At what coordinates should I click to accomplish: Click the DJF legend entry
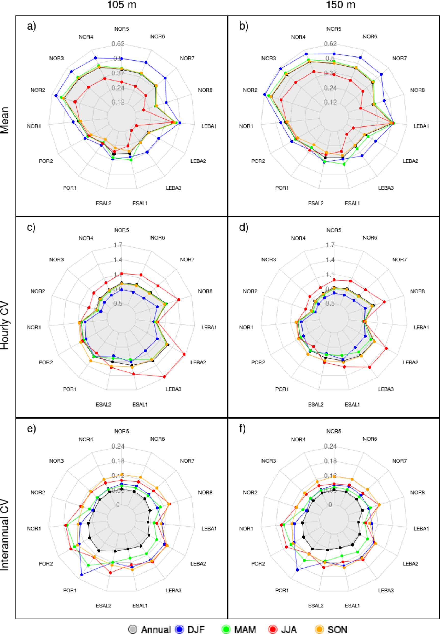(190, 629)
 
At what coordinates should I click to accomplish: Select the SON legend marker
(319, 629)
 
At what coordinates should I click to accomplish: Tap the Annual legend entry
(150, 629)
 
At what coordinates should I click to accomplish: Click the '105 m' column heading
(122, 5)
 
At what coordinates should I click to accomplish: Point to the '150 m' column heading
(341, 5)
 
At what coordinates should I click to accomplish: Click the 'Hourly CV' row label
(5, 326)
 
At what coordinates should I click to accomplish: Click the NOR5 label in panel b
(334, 29)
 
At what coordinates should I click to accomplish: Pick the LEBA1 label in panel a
(209, 126)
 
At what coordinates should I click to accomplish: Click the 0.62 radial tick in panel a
(118, 44)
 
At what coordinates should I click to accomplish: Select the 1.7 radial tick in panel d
(330, 245)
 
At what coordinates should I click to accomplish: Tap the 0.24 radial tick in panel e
(118, 446)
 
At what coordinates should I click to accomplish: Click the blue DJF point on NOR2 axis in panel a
(56, 96)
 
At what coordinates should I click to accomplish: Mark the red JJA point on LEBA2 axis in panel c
(184, 354)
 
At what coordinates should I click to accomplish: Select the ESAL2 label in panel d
(316, 404)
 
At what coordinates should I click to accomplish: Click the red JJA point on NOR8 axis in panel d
(385, 302)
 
